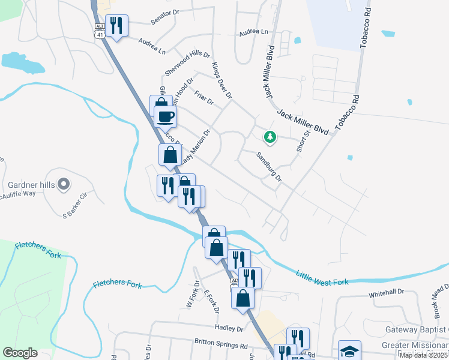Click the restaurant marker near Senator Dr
(x=116, y=26)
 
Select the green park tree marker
(x=270, y=137)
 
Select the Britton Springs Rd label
(x=221, y=346)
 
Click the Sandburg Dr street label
(x=269, y=167)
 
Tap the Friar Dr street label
(x=204, y=97)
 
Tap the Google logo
(x=20, y=353)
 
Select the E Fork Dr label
(x=211, y=301)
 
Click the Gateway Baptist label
(x=415, y=330)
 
